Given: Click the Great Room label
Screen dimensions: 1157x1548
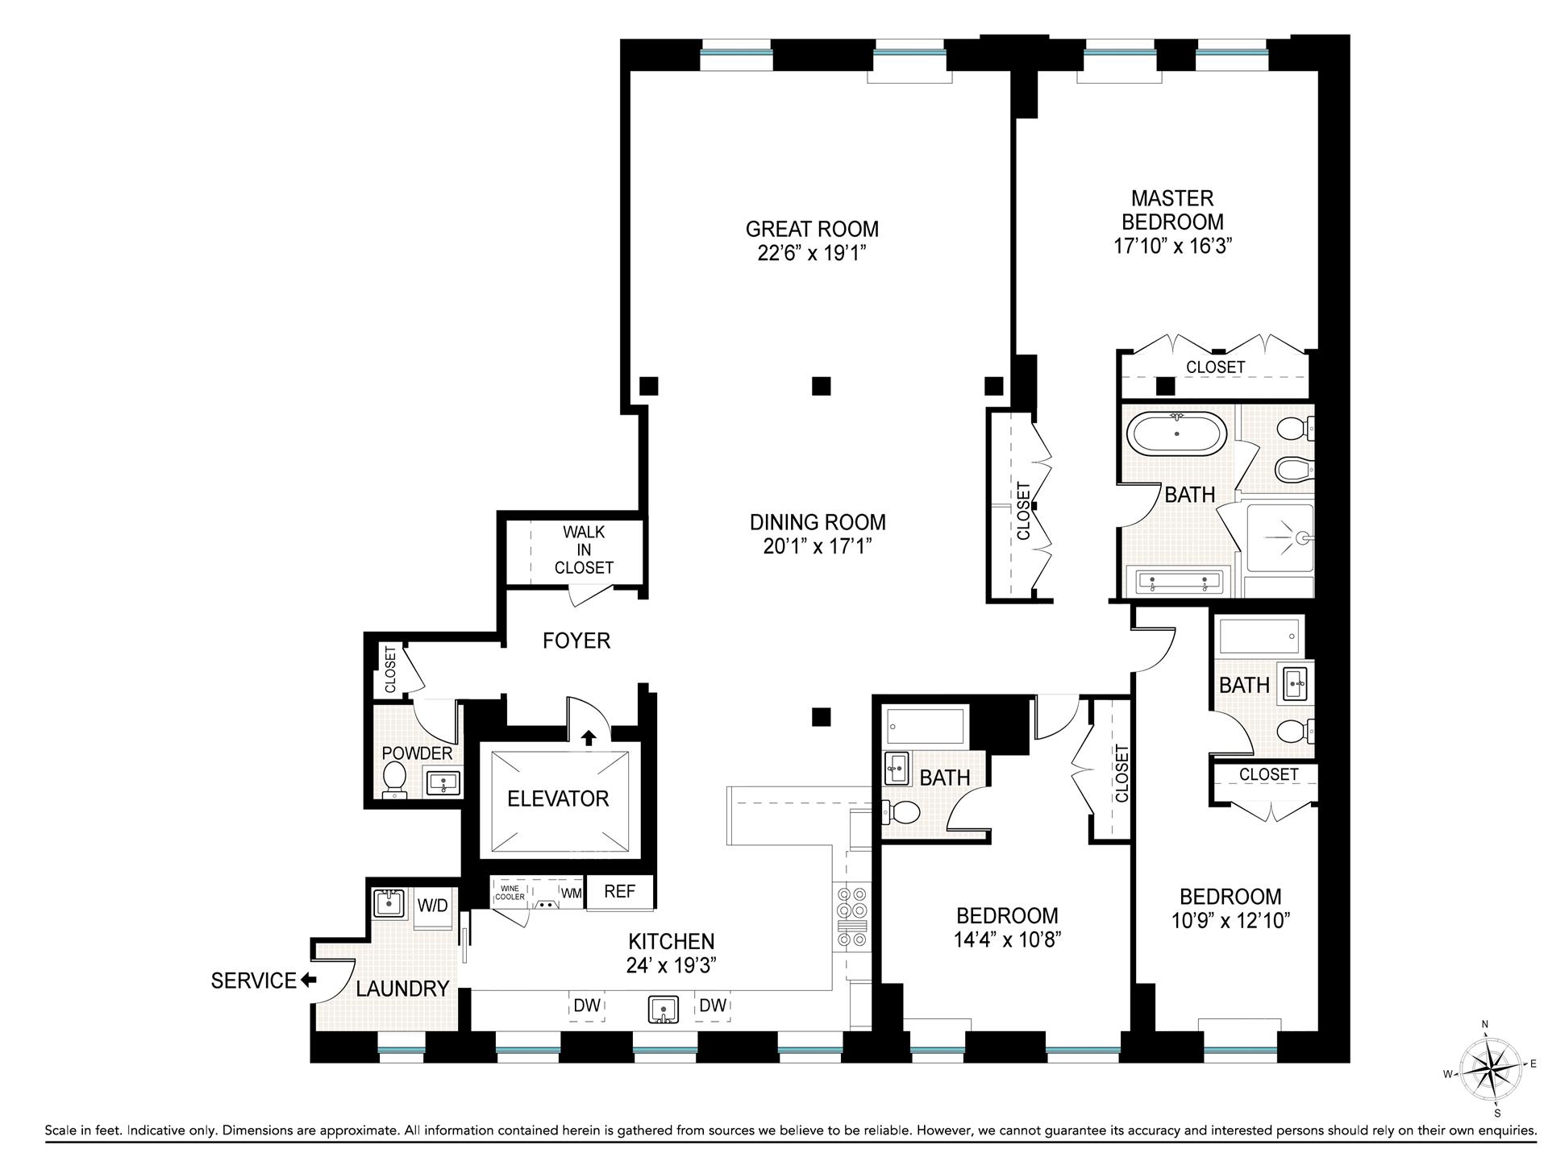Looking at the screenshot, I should coord(811,229).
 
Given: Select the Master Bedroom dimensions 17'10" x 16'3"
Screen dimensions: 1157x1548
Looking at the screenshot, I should coord(1173,247).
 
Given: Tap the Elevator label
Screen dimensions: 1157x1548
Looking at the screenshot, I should coord(557,798).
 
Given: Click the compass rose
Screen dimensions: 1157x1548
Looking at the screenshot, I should coord(1489,1069).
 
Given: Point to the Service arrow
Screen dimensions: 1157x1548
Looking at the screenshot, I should coord(308,981).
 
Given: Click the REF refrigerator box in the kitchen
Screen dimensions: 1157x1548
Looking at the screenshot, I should coord(619,892).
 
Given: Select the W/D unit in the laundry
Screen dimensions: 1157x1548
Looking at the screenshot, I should coord(432,906).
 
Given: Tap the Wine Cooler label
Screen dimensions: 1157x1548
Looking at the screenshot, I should coord(510,893).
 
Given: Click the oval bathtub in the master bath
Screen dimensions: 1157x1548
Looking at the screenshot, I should coord(1176,434).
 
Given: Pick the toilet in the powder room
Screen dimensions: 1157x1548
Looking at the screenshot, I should coord(394,779).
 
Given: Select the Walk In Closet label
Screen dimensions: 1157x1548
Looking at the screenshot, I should coord(584,549).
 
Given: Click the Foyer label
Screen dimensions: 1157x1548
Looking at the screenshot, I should coord(576,641).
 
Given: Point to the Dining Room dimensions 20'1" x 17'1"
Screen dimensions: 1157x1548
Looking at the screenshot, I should coord(818,547).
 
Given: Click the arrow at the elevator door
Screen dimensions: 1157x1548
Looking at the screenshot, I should coord(589,737).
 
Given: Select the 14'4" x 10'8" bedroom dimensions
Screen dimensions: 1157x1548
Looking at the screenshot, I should coord(1007,940).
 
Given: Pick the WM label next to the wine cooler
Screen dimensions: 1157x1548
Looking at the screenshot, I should coord(571,893).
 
